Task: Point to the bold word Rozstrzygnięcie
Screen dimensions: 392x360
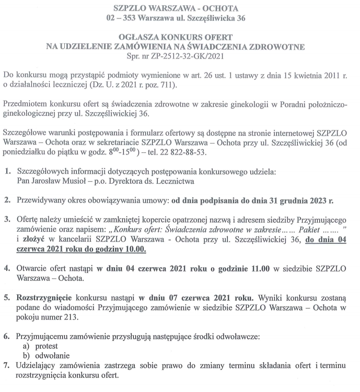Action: (46, 298)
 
